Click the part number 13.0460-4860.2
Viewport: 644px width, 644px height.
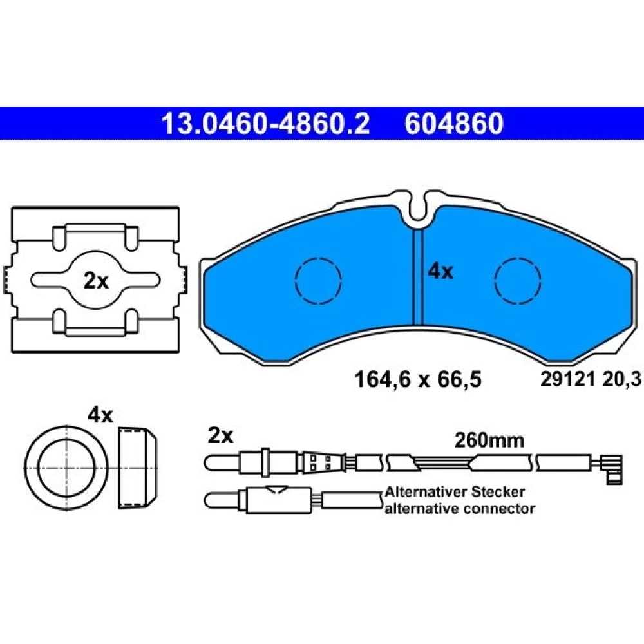(x=265, y=124)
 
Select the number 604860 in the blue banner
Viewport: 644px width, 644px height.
(x=454, y=124)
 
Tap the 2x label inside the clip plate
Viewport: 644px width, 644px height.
(x=96, y=281)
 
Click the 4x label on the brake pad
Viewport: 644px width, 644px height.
(x=440, y=272)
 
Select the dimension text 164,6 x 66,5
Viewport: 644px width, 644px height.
(x=417, y=379)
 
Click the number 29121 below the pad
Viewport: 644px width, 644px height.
(x=567, y=379)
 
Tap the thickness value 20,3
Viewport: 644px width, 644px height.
(x=621, y=379)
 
